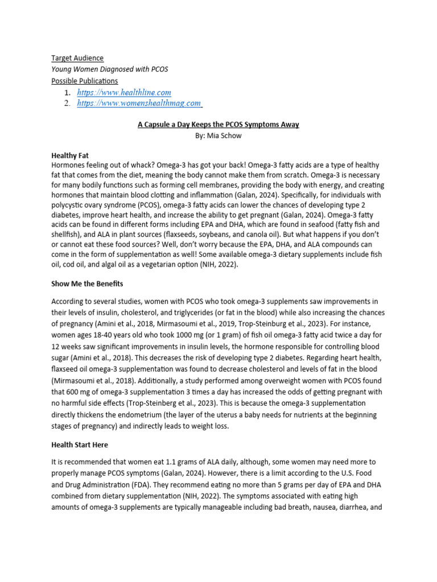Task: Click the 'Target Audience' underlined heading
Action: pyautogui.click(x=77, y=58)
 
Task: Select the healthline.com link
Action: pyautogui.click(x=124, y=92)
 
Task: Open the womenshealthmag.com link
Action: pyautogui.click(x=139, y=103)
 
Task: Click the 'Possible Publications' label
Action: pyautogui.click(x=85, y=81)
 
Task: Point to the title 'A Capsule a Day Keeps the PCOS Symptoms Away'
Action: pyautogui.click(x=218, y=124)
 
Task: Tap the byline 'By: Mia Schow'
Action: pyautogui.click(x=218, y=136)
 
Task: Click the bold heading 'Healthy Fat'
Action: pyautogui.click(x=70, y=155)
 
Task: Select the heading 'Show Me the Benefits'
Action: pyautogui.click(x=87, y=283)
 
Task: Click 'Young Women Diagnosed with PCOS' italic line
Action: pyautogui.click(x=110, y=69)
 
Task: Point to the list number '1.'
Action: pyautogui.click(x=67, y=92)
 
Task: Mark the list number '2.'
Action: pyautogui.click(x=67, y=103)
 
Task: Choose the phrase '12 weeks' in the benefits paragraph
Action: pyautogui.click(x=68, y=346)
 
